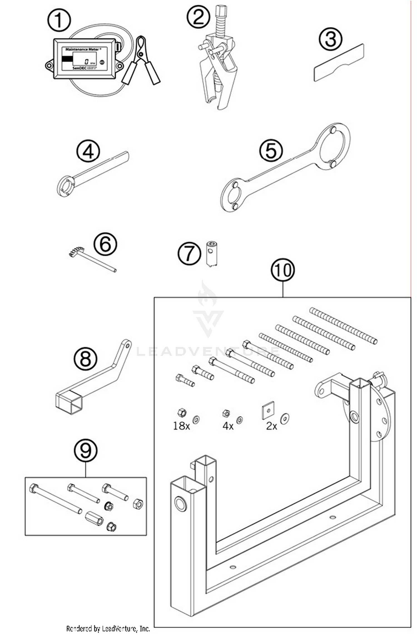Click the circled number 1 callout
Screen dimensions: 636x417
59,20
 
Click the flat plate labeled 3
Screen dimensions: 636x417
339,63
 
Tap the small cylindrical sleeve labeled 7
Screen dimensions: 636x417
212,254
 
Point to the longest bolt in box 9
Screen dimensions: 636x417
56,499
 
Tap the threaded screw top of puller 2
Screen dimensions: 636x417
221,19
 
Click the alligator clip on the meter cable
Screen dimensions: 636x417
142,60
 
